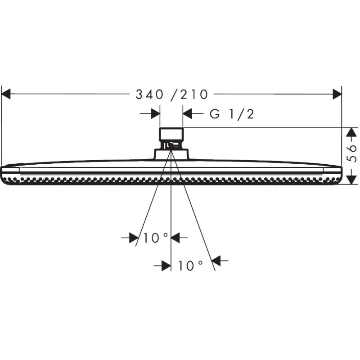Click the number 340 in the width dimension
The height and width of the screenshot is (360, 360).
149,94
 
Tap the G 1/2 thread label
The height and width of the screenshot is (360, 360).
232,114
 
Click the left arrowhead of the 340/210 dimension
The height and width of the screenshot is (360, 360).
6,94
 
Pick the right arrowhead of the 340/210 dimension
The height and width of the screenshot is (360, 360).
337,94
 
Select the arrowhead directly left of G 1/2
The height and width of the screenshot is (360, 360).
187,114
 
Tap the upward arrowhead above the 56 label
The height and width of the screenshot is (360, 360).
352,132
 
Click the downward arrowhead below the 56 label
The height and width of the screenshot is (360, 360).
352,180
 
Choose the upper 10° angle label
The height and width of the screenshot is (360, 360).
156,238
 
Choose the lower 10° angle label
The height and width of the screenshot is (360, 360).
190,266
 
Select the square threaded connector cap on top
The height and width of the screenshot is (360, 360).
171,134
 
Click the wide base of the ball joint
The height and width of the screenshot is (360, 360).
171,154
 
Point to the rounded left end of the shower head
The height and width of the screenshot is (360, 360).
5,174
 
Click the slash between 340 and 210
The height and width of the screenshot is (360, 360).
174,94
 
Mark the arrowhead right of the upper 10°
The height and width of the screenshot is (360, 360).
176,238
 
